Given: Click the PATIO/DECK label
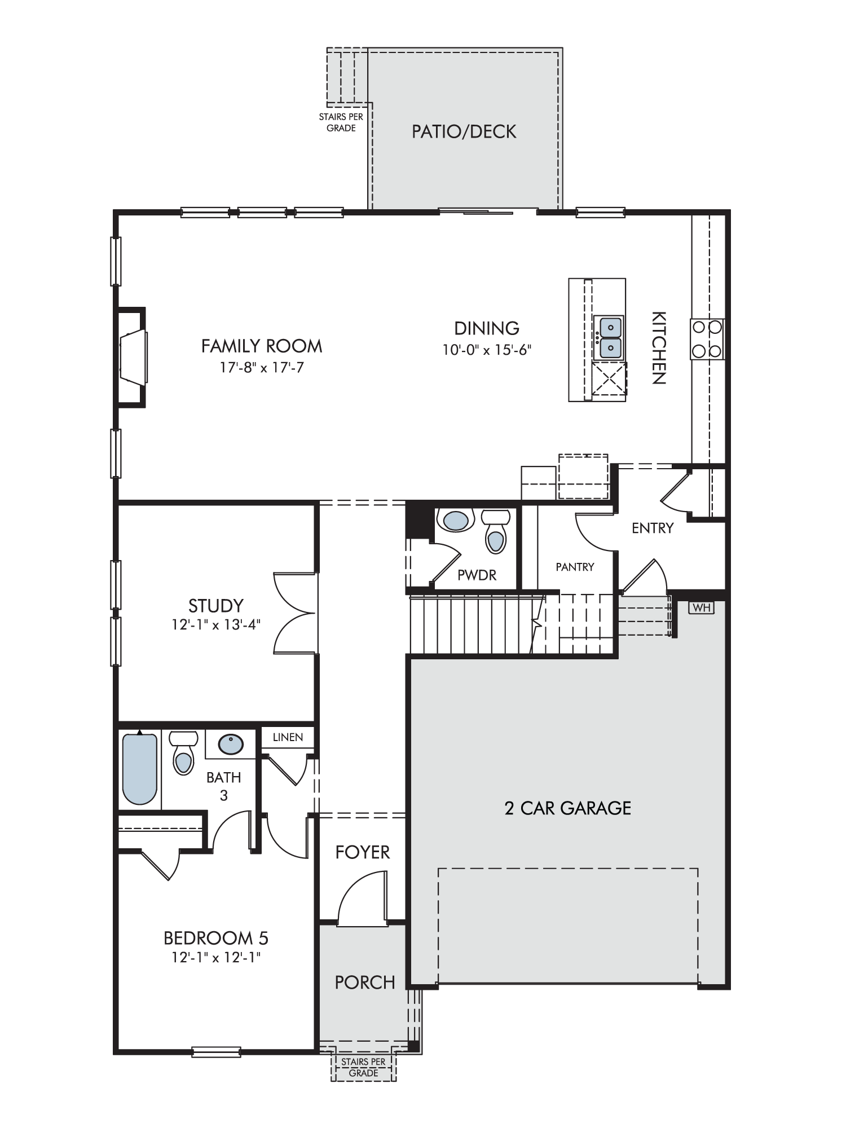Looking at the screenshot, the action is pyautogui.click(x=464, y=131).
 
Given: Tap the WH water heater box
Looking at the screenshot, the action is pyautogui.click(x=701, y=607).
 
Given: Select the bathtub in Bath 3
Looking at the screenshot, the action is pyautogui.click(x=140, y=768).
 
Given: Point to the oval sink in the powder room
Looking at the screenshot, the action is pyautogui.click(x=456, y=520).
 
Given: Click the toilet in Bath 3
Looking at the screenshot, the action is pyautogui.click(x=183, y=753).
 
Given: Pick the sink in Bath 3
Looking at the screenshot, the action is pyautogui.click(x=231, y=744).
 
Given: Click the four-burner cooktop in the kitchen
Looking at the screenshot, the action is pyautogui.click(x=707, y=339).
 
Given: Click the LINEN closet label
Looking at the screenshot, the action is pyautogui.click(x=288, y=737).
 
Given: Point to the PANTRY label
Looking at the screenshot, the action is pyautogui.click(x=575, y=567).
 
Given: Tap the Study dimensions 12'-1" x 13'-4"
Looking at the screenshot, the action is pyautogui.click(x=216, y=625).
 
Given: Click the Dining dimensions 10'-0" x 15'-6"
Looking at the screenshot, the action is pyautogui.click(x=487, y=350).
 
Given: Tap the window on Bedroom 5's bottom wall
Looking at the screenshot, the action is pyautogui.click(x=216, y=1051).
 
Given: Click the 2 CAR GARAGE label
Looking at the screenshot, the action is pyautogui.click(x=568, y=808).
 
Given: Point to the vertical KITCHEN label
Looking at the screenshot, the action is pyautogui.click(x=659, y=348).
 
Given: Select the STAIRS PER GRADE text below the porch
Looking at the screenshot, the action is pyautogui.click(x=363, y=1067).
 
